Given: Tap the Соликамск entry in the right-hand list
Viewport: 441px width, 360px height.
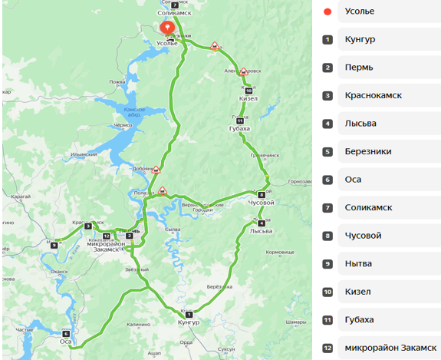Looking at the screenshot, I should [x=369, y=207].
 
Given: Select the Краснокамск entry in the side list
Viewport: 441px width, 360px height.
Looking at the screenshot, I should [x=374, y=95].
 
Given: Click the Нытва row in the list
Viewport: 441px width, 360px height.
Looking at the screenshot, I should [x=359, y=263].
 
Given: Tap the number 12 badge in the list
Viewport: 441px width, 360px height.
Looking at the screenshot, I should [x=327, y=348].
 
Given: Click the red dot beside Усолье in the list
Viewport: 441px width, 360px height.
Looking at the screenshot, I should [x=327, y=12].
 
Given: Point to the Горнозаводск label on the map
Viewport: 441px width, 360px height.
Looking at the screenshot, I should [x=298, y=182].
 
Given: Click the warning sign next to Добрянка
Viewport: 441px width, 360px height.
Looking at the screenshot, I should [x=156, y=170].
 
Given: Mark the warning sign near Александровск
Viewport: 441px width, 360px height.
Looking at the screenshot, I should [x=243, y=71].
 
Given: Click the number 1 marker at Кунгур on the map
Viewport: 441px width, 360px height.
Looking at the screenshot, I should [x=188, y=315].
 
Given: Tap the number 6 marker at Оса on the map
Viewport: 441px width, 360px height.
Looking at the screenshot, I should [x=66, y=333].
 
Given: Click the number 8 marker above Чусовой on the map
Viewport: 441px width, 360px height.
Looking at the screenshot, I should [x=261, y=195].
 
